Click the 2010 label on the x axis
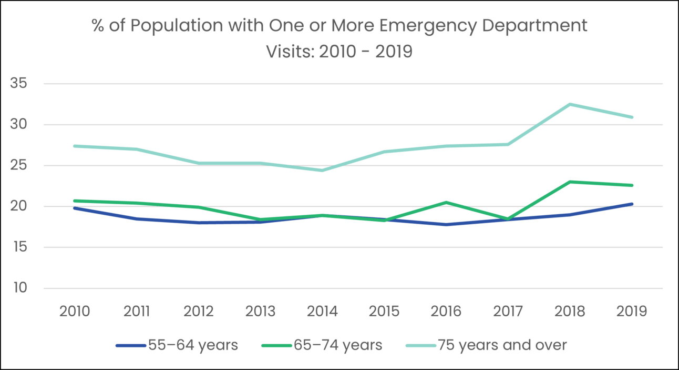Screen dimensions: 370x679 pos(75,311)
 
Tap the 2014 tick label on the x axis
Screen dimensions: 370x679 pos(322,311)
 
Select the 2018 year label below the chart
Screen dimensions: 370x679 pos(570,311)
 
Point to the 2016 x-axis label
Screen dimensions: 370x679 pos(446,311)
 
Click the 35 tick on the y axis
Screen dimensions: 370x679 pos(19,84)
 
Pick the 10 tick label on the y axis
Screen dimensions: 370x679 pos(19,288)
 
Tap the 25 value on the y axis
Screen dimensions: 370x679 pos(19,166)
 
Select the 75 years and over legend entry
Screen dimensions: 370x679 pos(486,346)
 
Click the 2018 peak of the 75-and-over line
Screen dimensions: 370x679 pos(570,104)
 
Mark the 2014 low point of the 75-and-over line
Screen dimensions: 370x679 pos(322,171)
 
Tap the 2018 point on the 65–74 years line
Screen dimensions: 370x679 pos(570,182)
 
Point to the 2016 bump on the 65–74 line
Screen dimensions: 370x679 pos(446,202)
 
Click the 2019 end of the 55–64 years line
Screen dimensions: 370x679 pos(632,204)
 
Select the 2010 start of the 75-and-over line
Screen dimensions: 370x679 pos(75,146)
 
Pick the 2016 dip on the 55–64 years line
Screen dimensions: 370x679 pos(446,224)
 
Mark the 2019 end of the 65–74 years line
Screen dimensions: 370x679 pos(632,185)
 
